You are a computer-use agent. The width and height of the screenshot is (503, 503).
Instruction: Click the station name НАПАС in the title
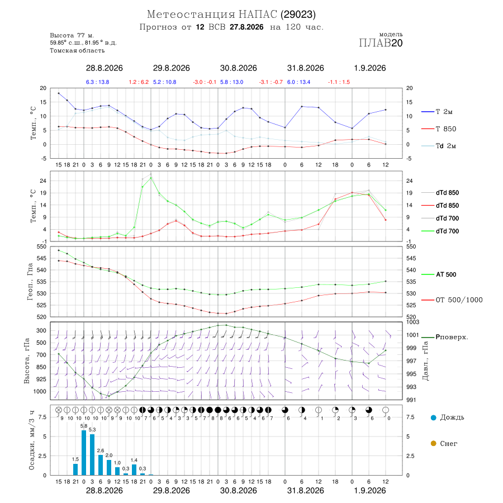click(x=258, y=15)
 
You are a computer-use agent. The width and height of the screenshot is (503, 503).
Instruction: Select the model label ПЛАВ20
click(x=381, y=43)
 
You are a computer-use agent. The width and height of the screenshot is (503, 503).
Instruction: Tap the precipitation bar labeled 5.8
click(x=84, y=453)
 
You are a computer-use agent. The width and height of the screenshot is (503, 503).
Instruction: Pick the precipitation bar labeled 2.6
click(x=101, y=465)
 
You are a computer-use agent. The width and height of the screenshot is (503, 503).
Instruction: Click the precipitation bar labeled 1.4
click(x=134, y=469)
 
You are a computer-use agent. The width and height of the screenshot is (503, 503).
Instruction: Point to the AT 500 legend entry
click(x=439, y=274)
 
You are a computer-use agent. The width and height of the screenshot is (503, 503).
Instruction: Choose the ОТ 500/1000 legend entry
click(x=452, y=300)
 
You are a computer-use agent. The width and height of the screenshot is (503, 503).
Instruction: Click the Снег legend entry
click(x=444, y=443)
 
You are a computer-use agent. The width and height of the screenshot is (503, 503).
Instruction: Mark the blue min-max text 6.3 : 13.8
click(x=97, y=82)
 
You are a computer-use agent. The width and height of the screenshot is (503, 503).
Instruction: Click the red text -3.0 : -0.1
click(x=205, y=82)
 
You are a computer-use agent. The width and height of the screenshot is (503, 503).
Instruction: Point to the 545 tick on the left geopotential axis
click(x=42, y=258)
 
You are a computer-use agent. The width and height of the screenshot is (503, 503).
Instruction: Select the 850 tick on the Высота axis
click(x=41, y=367)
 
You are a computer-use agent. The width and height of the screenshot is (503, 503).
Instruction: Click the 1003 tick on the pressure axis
click(x=412, y=322)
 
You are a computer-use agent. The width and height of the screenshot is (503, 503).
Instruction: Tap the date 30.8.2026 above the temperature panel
click(x=238, y=68)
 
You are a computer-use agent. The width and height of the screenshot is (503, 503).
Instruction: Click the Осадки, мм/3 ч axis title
click(x=31, y=440)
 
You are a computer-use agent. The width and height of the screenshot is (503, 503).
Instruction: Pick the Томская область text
click(x=77, y=50)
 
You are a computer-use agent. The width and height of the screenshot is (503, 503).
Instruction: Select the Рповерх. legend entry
click(x=445, y=337)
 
